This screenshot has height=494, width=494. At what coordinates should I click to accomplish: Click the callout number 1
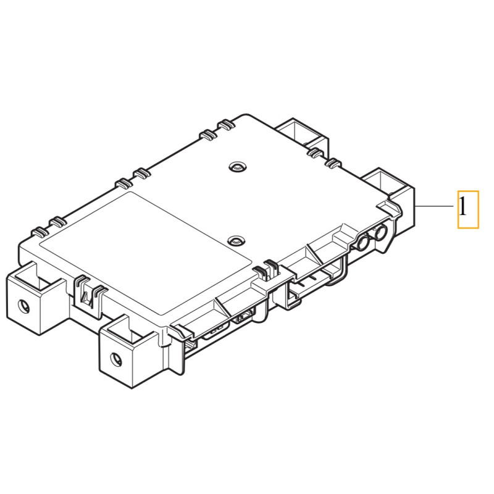click(x=467, y=209)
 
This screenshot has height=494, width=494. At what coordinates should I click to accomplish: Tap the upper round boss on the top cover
click(x=237, y=167)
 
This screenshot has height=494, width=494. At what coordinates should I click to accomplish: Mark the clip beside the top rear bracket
click(x=315, y=151)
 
